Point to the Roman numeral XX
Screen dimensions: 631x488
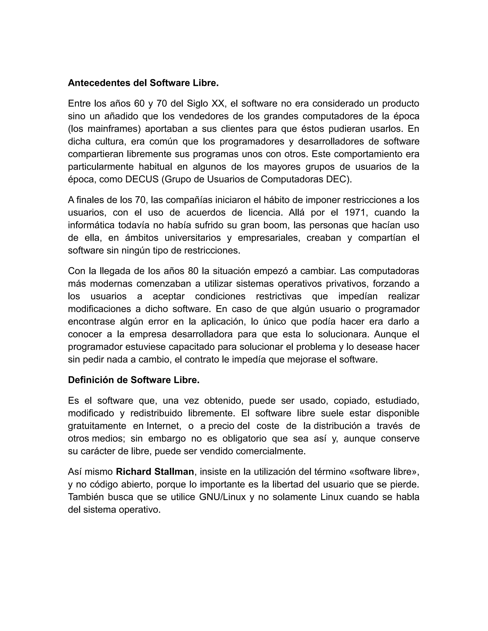[218, 103]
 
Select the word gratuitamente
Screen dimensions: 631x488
[97, 426]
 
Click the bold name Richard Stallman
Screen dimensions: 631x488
[155, 471]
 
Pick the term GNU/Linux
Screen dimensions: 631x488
[222, 497]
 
